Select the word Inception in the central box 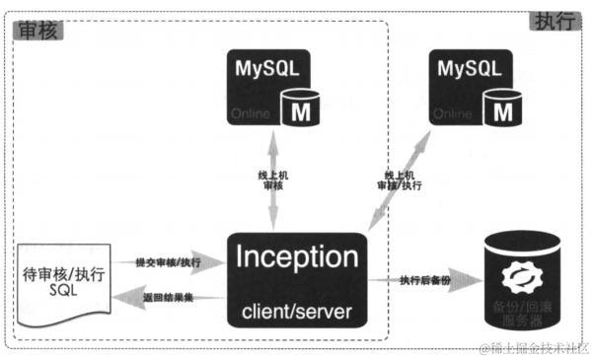pyautogui.click(x=297, y=259)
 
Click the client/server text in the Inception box pyautogui.click(x=297, y=313)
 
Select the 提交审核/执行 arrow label pyautogui.click(x=168, y=262)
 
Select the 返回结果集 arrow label pyautogui.click(x=168, y=296)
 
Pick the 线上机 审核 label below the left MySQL pyautogui.click(x=272, y=180)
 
